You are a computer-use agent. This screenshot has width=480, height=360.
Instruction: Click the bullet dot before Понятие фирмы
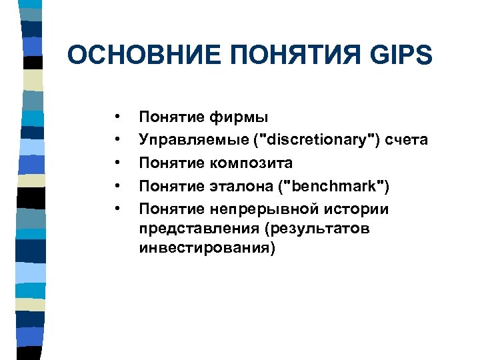click(x=117, y=117)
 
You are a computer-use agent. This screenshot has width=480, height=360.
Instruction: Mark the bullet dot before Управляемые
click(x=117, y=140)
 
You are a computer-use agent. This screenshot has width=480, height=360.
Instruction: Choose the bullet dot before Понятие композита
click(x=117, y=163)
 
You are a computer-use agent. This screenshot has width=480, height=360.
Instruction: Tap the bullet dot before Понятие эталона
click(x=117, y=186)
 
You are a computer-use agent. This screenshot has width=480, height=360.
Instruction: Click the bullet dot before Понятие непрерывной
click(x=117, y=209)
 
